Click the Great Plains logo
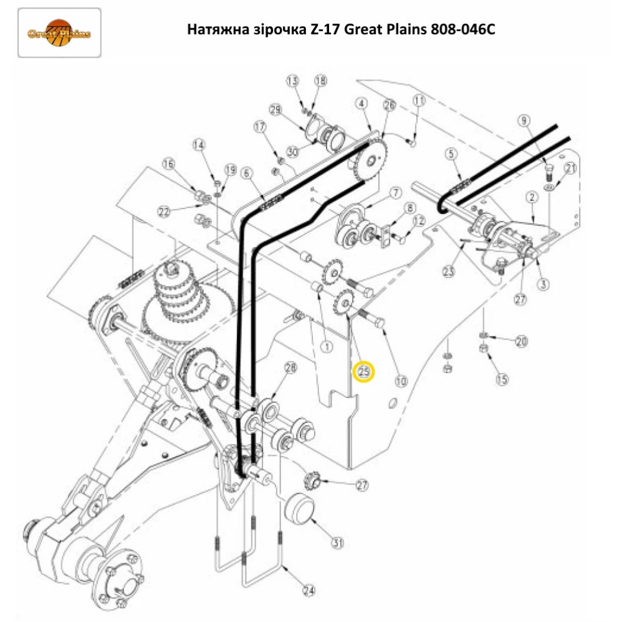[59, 32]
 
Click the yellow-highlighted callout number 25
[363, 372]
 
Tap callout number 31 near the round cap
[337, 543]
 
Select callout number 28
[291, 368]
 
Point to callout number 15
[501, 378]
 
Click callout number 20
[521, 341]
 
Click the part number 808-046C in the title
[459, 30]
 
